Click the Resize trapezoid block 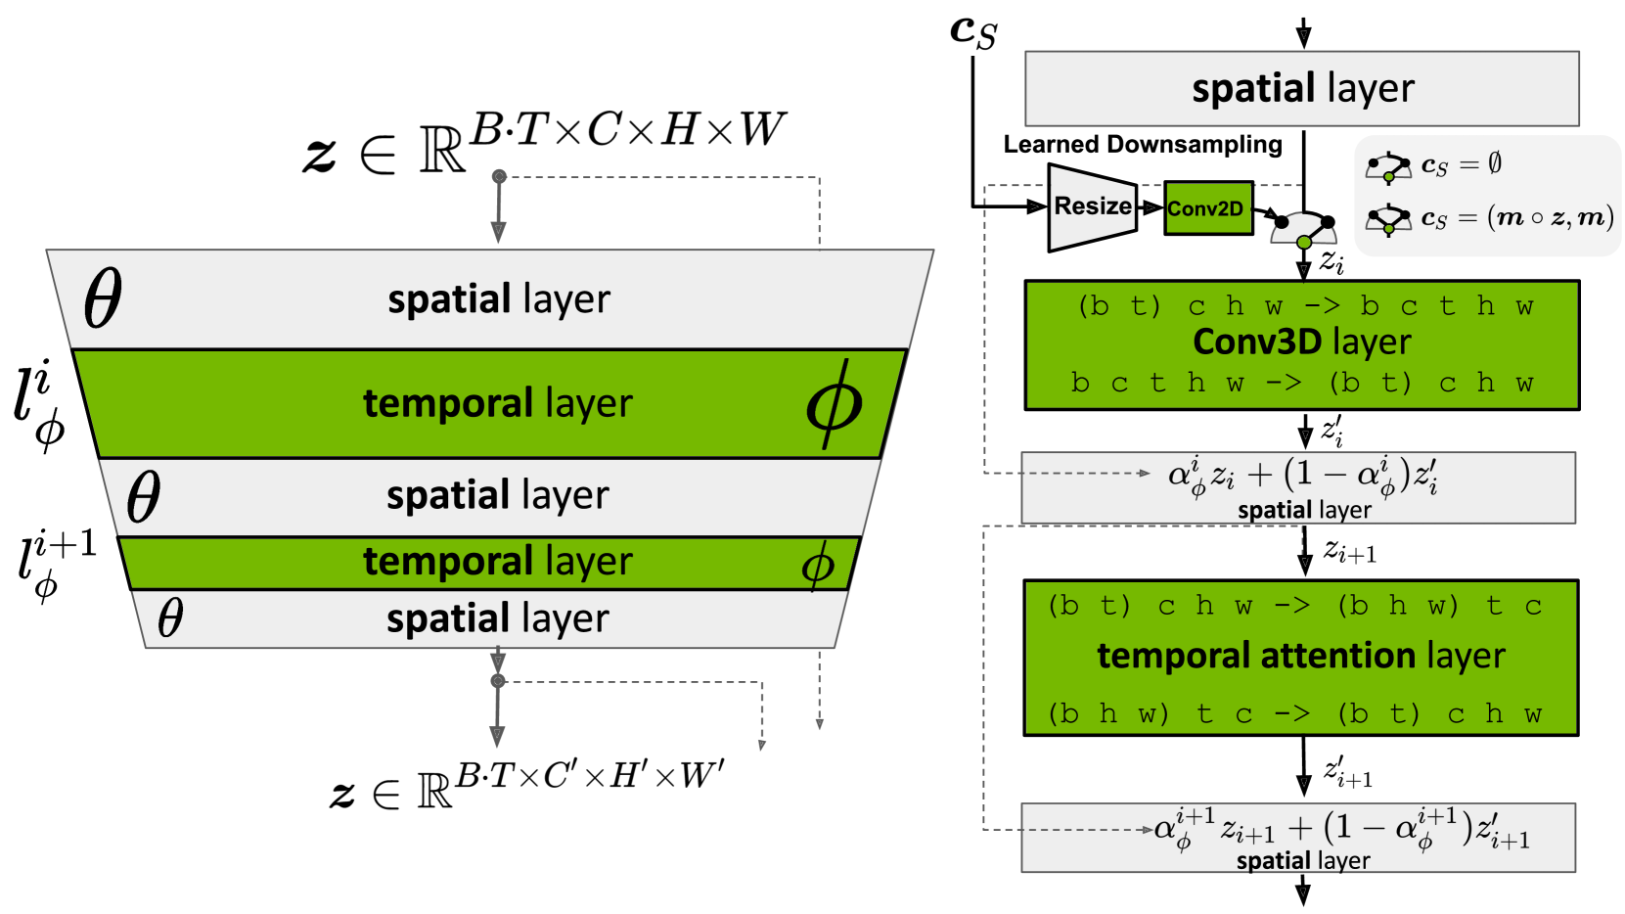[1092, 206]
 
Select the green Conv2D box [1208, 207]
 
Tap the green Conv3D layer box [1301, 344]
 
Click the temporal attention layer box [1300, 657]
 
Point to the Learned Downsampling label [1142, 145]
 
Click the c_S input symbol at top [972, 30]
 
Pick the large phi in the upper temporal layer [834, 404]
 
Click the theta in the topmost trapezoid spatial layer [103, 298]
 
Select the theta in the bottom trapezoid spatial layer [170, 618]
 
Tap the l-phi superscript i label [39, 404]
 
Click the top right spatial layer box [1301, 88]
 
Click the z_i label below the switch [1332, 261]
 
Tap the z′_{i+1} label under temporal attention [1347, 773]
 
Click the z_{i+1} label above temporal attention [1350, 552]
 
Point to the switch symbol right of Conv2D [1303, 227]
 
